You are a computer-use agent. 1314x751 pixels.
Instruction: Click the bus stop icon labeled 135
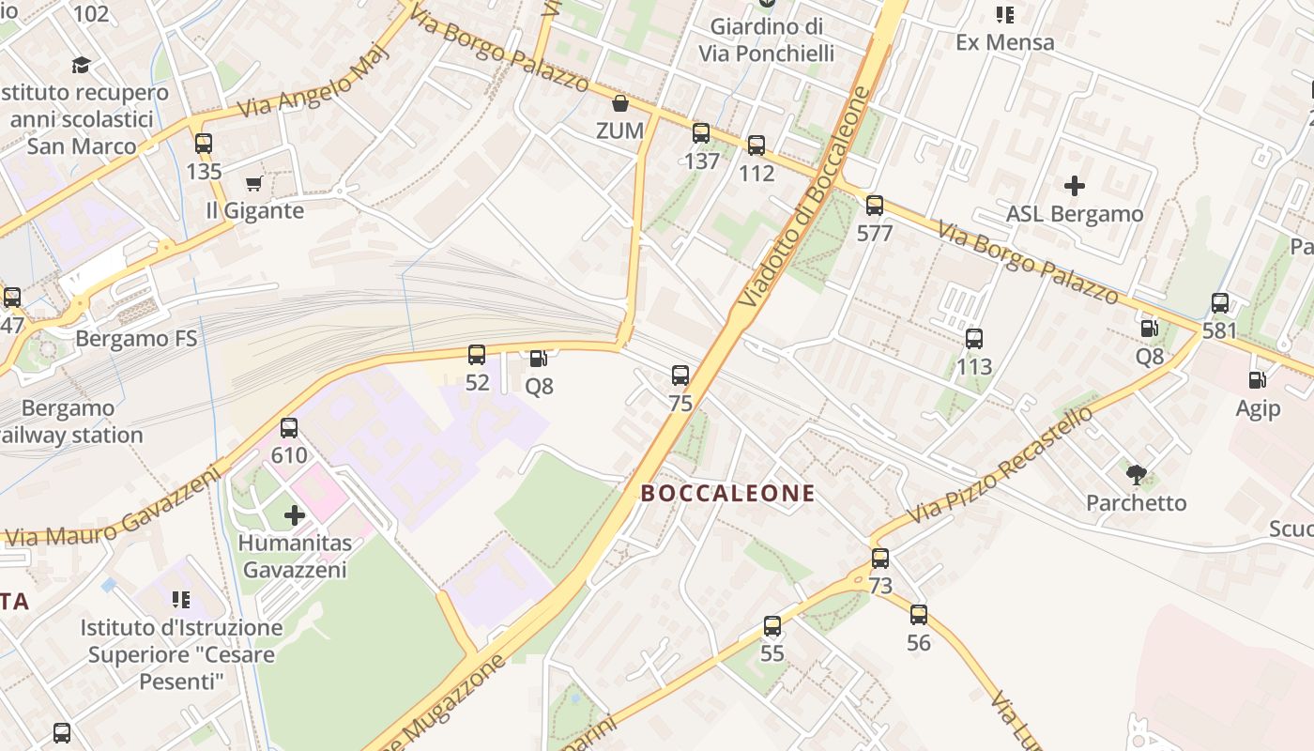coord(204,144)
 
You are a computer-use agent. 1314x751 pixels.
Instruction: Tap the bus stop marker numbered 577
coord(875,205)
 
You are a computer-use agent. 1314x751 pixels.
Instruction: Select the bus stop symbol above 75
coord(680,375)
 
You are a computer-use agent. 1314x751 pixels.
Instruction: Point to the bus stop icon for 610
coord(289,428)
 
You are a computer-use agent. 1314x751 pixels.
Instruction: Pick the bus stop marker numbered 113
coord(974,339)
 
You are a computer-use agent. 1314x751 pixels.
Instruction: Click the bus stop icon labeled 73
coord(880,559)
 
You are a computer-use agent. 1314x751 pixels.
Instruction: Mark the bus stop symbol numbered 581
coord(1220,303)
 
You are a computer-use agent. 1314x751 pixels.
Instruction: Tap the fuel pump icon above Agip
coord(1257,380)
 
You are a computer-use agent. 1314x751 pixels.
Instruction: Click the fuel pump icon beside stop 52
coord(539,358)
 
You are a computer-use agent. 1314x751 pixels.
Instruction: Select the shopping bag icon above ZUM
coord(619,102)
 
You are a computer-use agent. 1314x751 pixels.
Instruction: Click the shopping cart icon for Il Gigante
coord(253,183)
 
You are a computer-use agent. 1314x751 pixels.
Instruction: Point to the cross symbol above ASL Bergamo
coord(1075,186)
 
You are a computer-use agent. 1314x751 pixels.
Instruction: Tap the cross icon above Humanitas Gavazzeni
coord(295,514)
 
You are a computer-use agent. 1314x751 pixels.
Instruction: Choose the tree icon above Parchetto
coord(1137,474)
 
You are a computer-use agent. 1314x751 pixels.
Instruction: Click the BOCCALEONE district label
coord(727,493)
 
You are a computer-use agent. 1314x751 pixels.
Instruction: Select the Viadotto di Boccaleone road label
coord(805,197)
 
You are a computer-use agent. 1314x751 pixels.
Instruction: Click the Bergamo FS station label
coord(136,338)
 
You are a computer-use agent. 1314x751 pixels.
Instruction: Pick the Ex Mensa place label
coord(1004,42)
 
